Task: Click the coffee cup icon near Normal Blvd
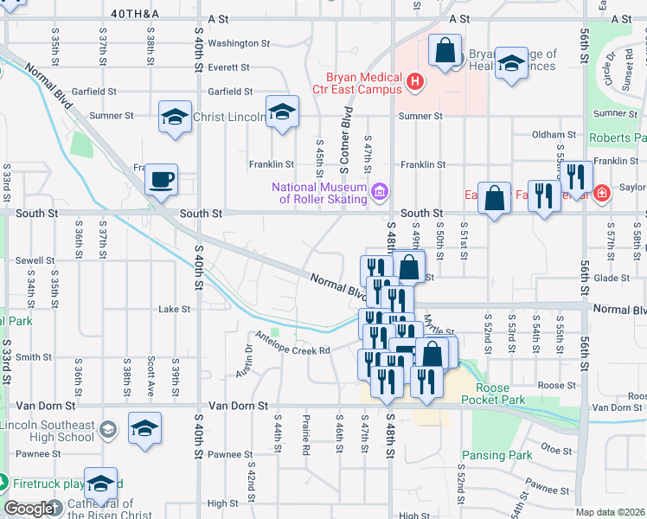click(161, 180)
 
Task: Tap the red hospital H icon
click(416, 83)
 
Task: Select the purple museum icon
click(378, 190)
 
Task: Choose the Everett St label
click(228, 67)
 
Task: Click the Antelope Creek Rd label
click(292, 350)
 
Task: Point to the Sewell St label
click(35, 259)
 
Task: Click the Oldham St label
click(554, 135)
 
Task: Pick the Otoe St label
click(551, 447)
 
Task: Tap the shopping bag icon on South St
click(494, 199)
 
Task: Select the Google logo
click(29, 508)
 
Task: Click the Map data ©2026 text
click(611, 512)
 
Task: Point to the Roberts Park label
click(617, 138)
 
